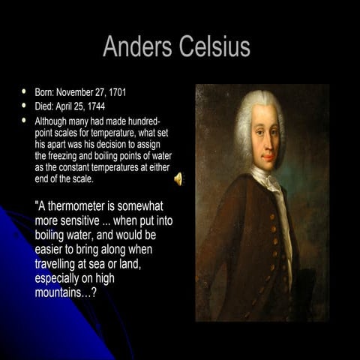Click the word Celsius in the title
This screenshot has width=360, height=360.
point(214,46)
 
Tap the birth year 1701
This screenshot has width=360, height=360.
point(115,92)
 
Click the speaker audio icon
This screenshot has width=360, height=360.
point(178,178)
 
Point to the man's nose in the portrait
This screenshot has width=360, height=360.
point(265,138)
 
